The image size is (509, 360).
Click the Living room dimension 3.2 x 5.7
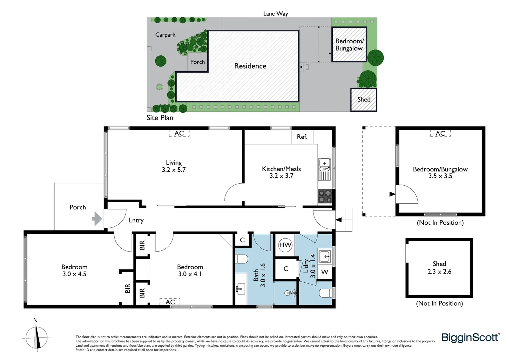[x=174, y=170]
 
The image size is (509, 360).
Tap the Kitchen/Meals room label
[x=281, y=169]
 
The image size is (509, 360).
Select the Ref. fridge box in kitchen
[x=302, y=137]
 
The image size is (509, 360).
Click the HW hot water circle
[x=285, y=245]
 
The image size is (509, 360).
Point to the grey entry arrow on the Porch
[x=97, y=219]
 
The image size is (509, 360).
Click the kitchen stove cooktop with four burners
[x=325, y=196]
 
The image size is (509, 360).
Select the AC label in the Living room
[x=179, y=133]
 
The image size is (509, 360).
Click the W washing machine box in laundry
[x=324, y=272]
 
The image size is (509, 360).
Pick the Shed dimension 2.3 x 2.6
[x=439, y=272]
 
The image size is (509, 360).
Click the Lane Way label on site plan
[x=275, y=14]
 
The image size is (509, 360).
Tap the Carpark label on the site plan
[x=165, y=35]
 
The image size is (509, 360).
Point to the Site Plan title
[x=160, y=118]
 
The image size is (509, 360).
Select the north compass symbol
[x=36, y=337]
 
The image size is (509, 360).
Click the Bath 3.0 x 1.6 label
[x=259, y=275]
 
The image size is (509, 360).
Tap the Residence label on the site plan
[x=250, y=66]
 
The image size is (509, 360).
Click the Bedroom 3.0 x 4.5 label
[x=74, y=270]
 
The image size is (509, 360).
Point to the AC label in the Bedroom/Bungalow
[x=440, y=133]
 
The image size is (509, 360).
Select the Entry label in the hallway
[x=136, y=220]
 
